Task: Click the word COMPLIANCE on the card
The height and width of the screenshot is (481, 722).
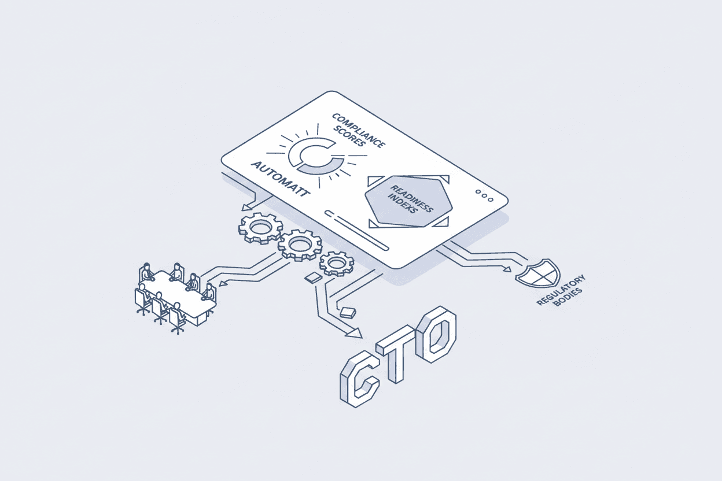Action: (x=359, y=130)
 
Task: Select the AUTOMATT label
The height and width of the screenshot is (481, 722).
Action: (x=281, y=179)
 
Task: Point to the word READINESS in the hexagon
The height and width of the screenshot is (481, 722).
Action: (x=411, y=199)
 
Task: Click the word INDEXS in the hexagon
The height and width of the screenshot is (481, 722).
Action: (x=403, y=203)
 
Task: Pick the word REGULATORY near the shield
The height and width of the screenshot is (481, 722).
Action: (x=561, y=290)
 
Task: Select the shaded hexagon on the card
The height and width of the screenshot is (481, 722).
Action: (x=408, y=201)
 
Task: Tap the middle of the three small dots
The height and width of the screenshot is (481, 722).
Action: (x=484, y=195)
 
